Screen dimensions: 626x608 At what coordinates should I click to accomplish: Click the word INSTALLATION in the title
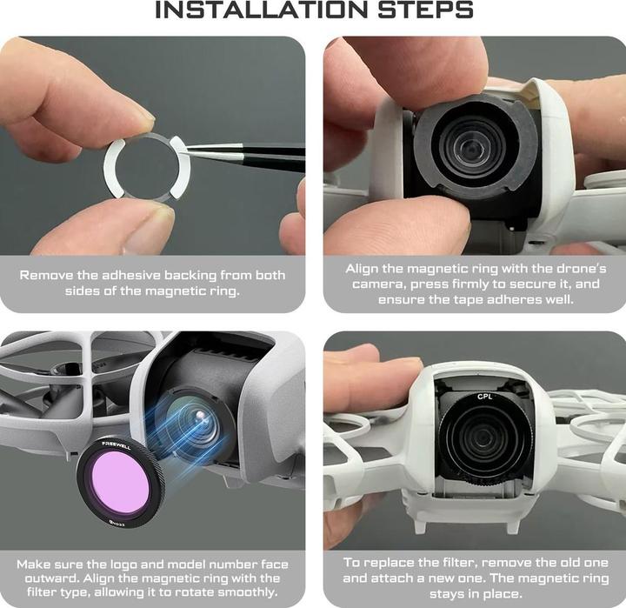(260, 10)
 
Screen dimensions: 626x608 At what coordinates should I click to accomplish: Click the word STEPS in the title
(425, 10)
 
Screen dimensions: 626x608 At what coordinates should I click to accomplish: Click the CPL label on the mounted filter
(484, 397)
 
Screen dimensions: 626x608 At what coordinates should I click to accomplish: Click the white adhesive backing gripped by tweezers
(179, 167)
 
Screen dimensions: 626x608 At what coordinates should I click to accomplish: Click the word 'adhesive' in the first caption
(131, 275)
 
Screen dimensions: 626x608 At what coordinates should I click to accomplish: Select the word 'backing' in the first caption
(190, 276)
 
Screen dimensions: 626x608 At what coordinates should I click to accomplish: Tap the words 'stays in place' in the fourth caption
(476, 593)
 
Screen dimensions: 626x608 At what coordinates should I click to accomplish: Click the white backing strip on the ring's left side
(112, 168)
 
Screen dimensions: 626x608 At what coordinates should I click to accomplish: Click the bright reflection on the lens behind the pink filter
(201, 417)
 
